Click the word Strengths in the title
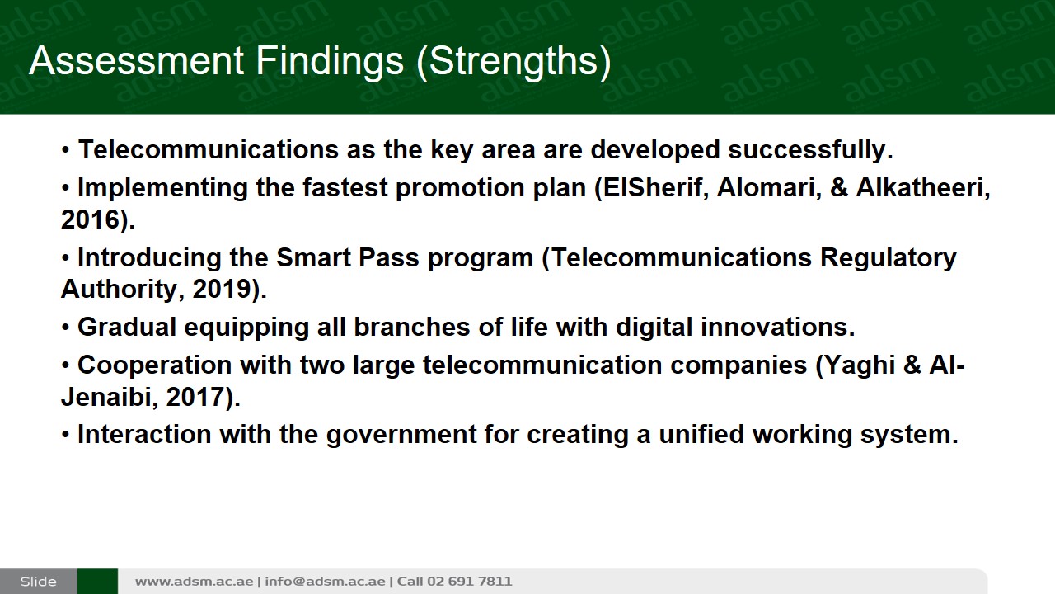(x=513, y=61)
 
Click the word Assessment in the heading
(x=137, y=61)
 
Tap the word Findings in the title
(x=330, y=61)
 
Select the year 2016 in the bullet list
(x=90, y=219)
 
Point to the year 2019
(x=222, y=289)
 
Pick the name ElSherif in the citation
(x=652, y=187)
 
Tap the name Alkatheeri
(x=920, y=187)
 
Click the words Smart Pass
(x=348, y=258)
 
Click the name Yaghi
(x=860, y=365)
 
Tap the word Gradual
(x=127, y=328)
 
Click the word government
(x=401, y=435)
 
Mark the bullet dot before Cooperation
(x=65, y=365)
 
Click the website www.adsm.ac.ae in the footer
(x=194, y=582)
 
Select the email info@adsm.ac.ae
(x=325, y=582)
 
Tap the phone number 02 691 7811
(x=469, y=582)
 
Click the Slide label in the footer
(x=38, y=582)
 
